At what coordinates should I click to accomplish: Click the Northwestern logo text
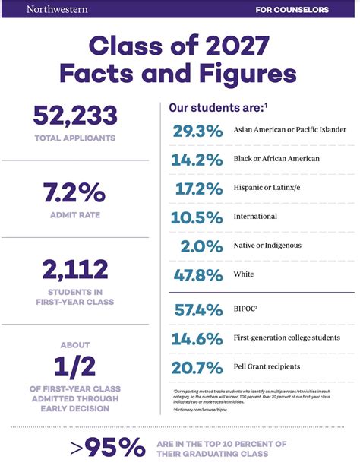[57, 10]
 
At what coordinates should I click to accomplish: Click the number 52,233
[75, 116]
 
